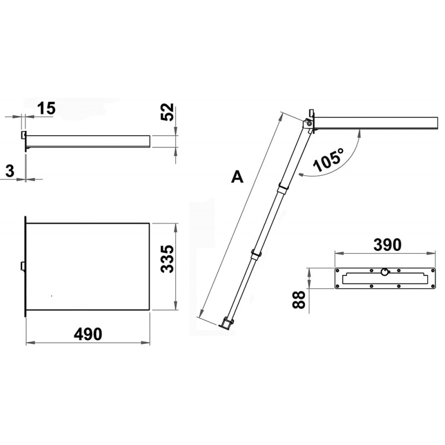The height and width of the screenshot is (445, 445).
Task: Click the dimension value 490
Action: click(88, 334)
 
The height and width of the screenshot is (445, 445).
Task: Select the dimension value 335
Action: click(167, 259)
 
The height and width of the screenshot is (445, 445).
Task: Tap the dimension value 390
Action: click(387, 245)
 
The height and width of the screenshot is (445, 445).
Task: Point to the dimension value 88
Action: click(299, 299)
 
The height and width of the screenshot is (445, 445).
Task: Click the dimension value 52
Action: click(167, 112)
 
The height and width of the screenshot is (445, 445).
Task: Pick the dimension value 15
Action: click(46, 108)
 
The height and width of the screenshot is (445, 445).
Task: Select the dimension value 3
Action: click(10, 171)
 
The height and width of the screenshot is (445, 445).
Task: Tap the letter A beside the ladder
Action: click(238, 177)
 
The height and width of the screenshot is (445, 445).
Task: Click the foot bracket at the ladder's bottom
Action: click(226, 323)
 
